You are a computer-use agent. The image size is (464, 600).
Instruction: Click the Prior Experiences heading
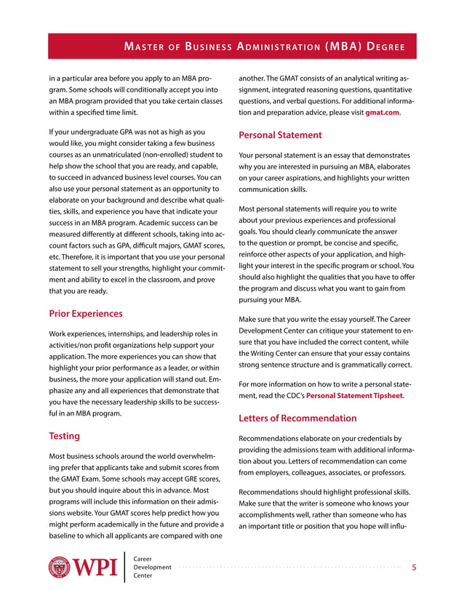pos(85,314)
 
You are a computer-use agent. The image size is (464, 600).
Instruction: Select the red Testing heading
pos(64,436)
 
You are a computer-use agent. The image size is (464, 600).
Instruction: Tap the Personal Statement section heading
pos(280,134)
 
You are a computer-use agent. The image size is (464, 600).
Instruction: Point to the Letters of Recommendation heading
pos(297,418)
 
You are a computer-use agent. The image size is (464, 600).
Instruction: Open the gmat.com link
pos(382,113)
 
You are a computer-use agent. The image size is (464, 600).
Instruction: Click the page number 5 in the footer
pos(414,568)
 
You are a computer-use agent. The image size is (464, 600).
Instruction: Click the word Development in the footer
pos(153,567)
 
